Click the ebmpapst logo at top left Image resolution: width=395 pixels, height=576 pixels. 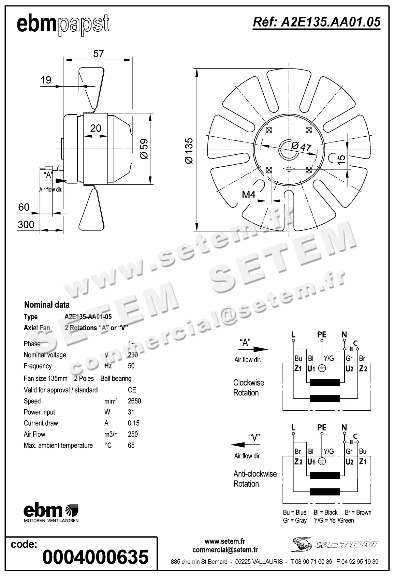[x=63, y=25]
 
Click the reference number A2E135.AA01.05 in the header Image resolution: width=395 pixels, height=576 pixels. [x=316, y=22]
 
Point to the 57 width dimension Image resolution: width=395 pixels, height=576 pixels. [x=98, y=54]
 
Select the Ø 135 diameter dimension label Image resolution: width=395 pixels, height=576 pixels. [x=189, y=150]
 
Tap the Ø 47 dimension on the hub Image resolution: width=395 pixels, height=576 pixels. [x=301, y=147]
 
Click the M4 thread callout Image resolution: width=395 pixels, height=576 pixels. [x=249, y=195]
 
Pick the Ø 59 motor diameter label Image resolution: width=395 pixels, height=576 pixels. [x=144, y=149]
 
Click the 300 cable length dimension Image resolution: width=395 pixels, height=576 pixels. [x=26, y=225]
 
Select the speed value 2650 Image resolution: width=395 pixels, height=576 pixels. [x=134, y=401]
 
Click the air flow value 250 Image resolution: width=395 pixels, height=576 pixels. [x=133, y=434]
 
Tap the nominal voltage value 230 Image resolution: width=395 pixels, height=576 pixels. [x=133, y=355]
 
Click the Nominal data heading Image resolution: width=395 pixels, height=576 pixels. [x=47, y=305]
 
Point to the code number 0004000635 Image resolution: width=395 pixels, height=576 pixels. [x=96, y=557]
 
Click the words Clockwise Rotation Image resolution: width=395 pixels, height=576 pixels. [x=248, y=388]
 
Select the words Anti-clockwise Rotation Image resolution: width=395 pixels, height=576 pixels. [x=255, y=479]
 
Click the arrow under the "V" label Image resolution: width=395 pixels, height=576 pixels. [x=243, y=445]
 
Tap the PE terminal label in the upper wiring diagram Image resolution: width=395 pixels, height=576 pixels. [x=322, y=335]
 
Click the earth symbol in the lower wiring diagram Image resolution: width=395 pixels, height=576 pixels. [x=322, y=461]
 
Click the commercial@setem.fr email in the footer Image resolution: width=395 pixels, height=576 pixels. [x=225, y=550]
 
